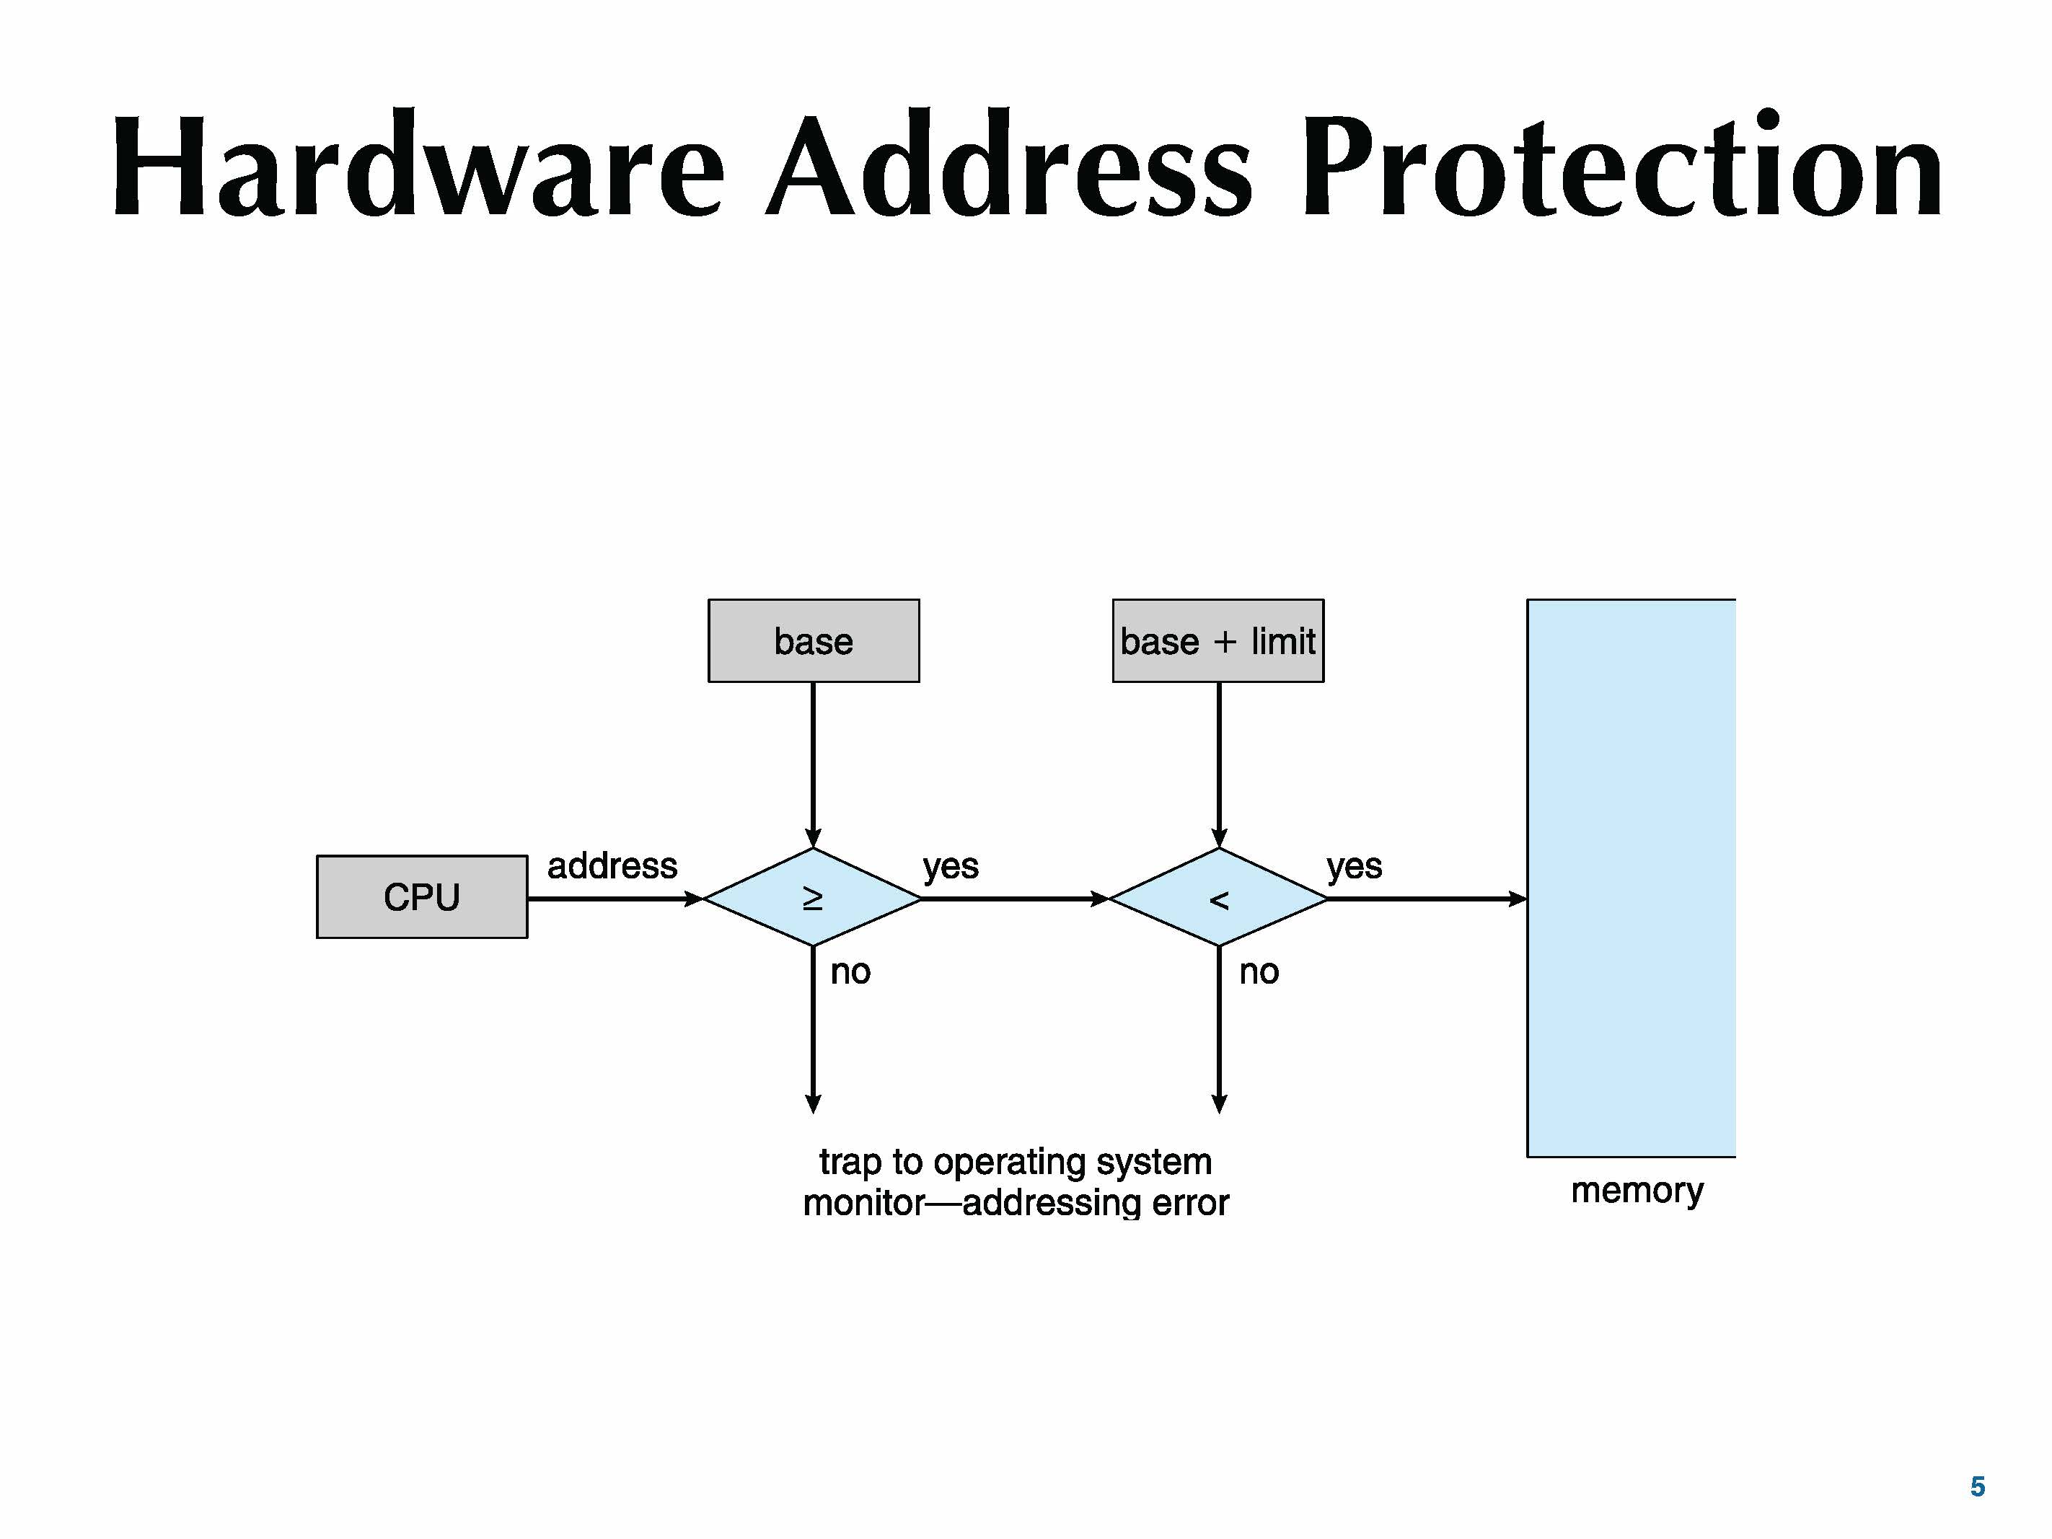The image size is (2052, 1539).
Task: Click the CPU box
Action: click(x=422, y=897)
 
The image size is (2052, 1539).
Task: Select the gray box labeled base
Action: click(x=814, y=641)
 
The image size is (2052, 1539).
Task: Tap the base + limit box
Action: click(x=1218, y=641)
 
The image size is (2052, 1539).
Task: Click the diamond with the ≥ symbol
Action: click(x=813, y=898)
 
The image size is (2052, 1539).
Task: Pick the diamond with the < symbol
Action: click(x=1219, y=898)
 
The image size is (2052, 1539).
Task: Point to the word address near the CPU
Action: click(x=612, y=866)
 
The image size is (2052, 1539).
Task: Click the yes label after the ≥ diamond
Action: click(x=951, y=866)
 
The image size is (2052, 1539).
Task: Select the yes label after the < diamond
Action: click(x=1355, y=866)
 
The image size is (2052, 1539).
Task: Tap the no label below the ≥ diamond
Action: click(x=850, y=972)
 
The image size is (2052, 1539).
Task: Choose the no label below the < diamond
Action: click(x=1259, y=972)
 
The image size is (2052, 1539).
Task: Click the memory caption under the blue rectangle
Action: click(x=1637, y=1190)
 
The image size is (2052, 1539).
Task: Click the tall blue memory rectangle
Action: click(x=1631, y=878)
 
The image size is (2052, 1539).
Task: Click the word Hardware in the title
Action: click(x=418, y=167)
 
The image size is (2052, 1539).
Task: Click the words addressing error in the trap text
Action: click(x=1096, y=1203)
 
